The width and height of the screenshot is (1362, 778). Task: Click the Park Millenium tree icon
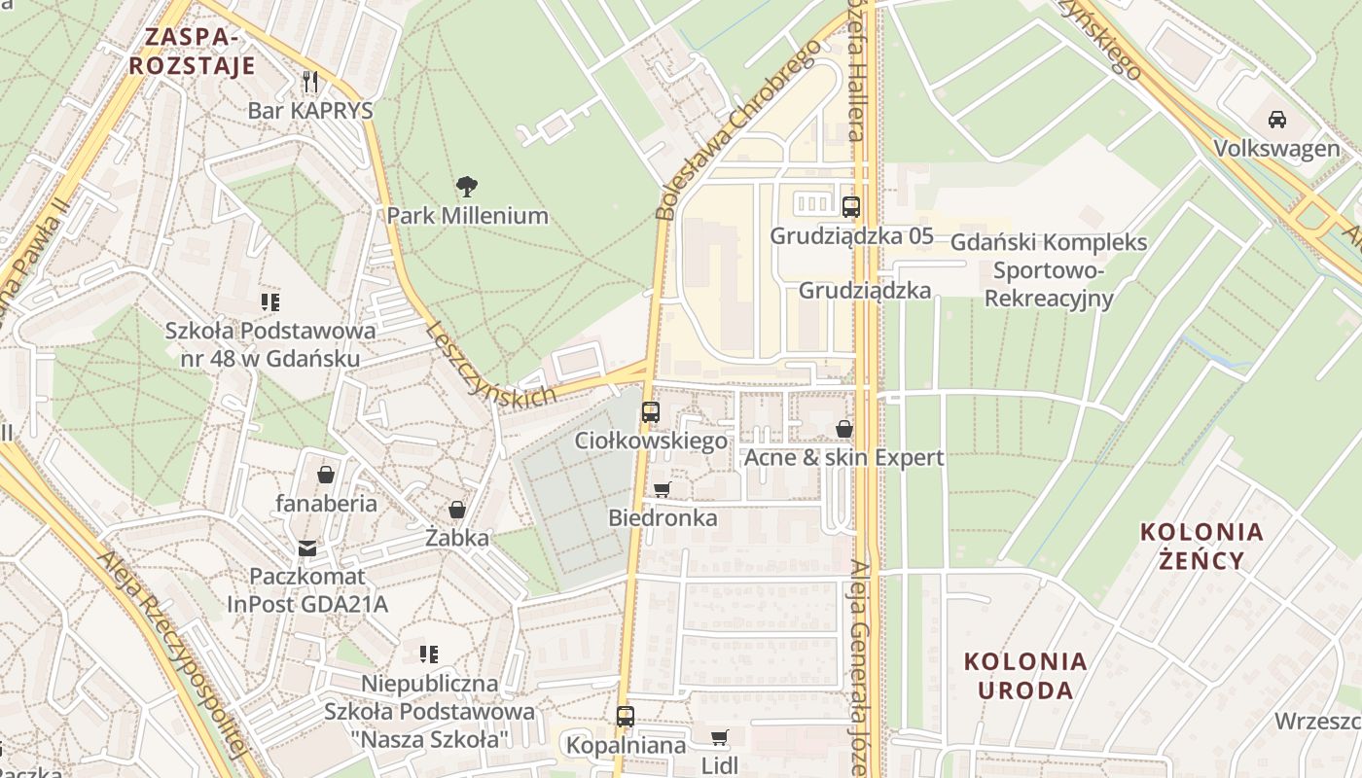point(467,186)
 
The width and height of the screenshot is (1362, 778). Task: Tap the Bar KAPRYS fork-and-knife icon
point(310,81)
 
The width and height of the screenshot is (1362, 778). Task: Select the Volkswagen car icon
point(1276,120)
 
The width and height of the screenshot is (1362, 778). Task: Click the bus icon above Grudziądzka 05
point(851,206)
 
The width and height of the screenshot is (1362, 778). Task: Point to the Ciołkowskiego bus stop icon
point(650,412)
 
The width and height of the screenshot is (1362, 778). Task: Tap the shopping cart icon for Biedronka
point(663,489)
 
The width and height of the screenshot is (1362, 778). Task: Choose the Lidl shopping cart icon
point(720,737)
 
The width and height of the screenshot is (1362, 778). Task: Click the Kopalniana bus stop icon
point(626,717)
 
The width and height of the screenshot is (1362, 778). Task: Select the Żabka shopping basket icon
point(456,510)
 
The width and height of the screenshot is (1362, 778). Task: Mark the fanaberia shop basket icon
point(326,475)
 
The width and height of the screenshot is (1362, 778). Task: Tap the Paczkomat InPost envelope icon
point(307,548)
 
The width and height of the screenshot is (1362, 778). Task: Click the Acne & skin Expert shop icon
point(844,429)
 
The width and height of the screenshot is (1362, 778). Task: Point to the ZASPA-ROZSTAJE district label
point(192,52)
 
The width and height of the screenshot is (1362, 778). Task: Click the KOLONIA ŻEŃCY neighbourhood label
point(1201,546)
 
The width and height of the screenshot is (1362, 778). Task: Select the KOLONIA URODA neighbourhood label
point(1025,675)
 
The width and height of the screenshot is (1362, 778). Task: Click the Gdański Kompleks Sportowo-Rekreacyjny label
point(1048,269)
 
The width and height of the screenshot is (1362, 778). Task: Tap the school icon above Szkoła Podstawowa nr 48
point(270,302)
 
